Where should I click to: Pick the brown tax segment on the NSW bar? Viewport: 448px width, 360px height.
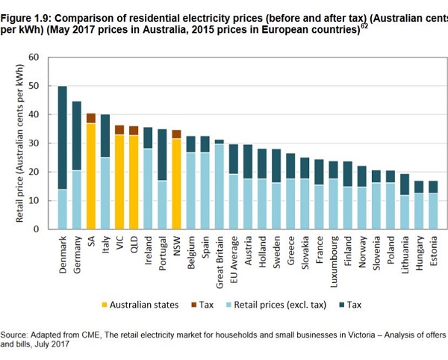coord(177,134)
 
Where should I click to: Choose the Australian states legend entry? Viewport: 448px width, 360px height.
coord(142,304)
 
